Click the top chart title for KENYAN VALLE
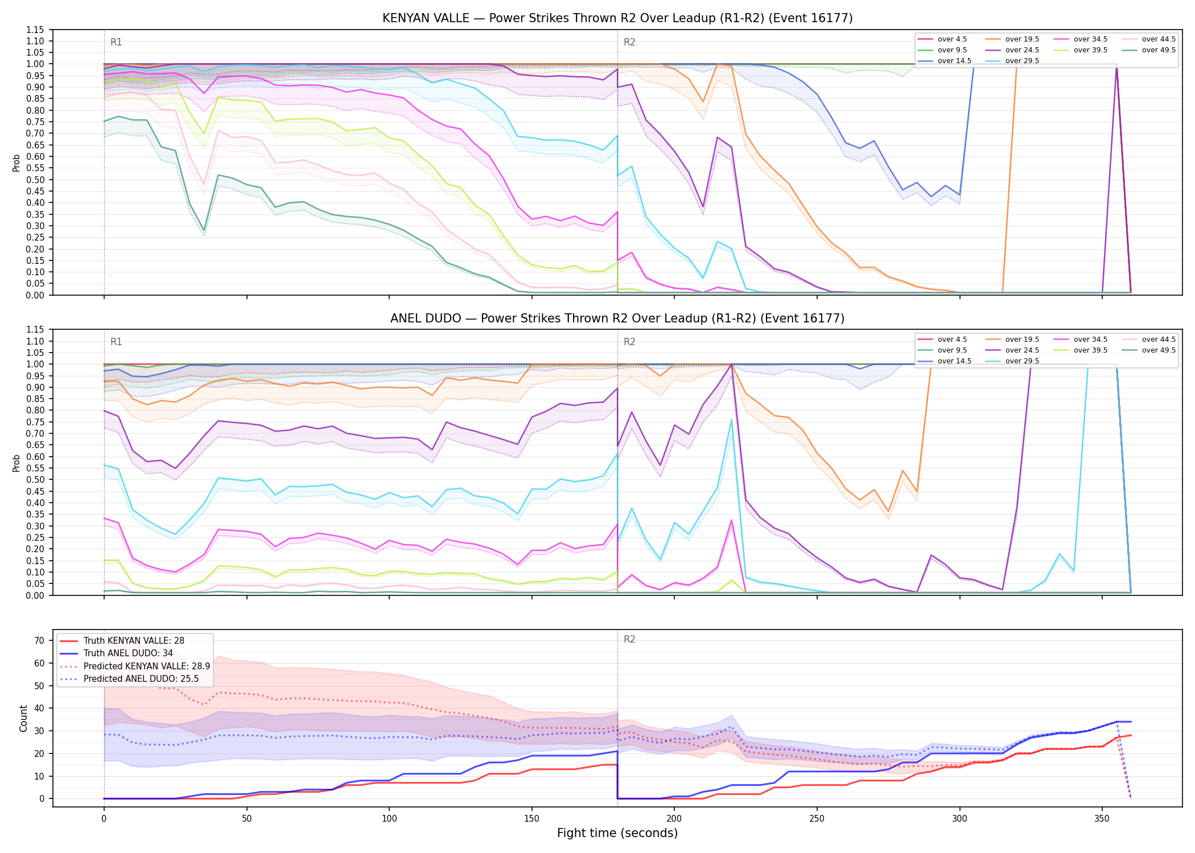[x=617, y=18]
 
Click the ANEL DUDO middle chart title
[x=617, y=318]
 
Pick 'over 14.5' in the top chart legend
[x=954, y=61]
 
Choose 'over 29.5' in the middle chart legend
[x=1022, y=361]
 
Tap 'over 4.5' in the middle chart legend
[x=952, y=339]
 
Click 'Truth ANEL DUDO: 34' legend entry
[x=128, y=653]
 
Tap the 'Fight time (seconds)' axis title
[x=617, y=833]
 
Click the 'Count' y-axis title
[x=23, y=718]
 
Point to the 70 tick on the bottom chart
[x=39, y=640]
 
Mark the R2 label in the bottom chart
[x=629, y=639]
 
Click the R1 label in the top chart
[x=116, y=42]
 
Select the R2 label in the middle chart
[x=629, y=342]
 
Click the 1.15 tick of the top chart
[x=35, y=30]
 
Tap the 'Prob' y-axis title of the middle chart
[x=16, y=463]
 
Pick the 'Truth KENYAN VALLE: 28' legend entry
[x=134, y=641]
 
